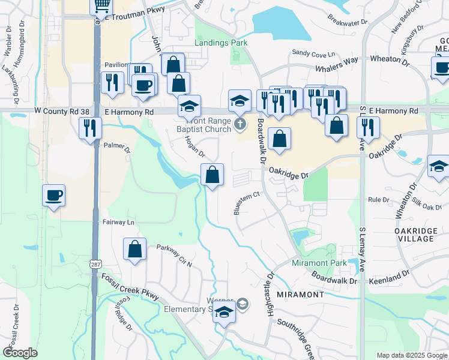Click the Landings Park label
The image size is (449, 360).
coord(221,43)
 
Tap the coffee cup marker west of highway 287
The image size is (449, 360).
coord(53,196)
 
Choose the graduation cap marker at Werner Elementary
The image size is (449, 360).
coord(224,313)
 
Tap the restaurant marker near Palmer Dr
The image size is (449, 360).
coord(90,128)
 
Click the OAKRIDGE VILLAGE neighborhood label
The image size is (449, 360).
coord(414,234)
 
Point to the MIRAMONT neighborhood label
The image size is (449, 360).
coord(301,295)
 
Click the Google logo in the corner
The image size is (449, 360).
coord(20,353)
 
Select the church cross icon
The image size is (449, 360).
coord(240,125)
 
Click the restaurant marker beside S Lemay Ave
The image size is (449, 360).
coord(367,127)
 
